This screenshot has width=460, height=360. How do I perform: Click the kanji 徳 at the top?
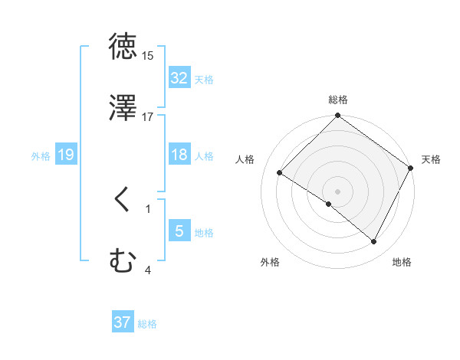123,46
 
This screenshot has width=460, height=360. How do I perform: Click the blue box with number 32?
179,77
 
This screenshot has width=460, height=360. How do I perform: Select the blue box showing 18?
179,155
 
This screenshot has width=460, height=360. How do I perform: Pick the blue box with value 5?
179,231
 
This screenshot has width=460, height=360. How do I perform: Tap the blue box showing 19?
65,155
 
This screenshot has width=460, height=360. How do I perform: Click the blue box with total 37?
122,322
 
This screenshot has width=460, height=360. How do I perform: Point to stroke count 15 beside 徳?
148,56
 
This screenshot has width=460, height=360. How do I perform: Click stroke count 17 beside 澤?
148,117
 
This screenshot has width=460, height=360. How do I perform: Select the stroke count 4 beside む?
148,270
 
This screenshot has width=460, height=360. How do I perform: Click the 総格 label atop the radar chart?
338,100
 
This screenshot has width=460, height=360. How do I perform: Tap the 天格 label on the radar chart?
431,159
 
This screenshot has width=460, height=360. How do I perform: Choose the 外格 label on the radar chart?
270,262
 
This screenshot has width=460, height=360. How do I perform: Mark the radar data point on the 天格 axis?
411,168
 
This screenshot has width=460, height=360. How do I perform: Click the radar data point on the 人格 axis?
280,173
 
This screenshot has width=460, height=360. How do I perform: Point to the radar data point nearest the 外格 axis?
329,204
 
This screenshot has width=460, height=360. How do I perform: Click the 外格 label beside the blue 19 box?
41,155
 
